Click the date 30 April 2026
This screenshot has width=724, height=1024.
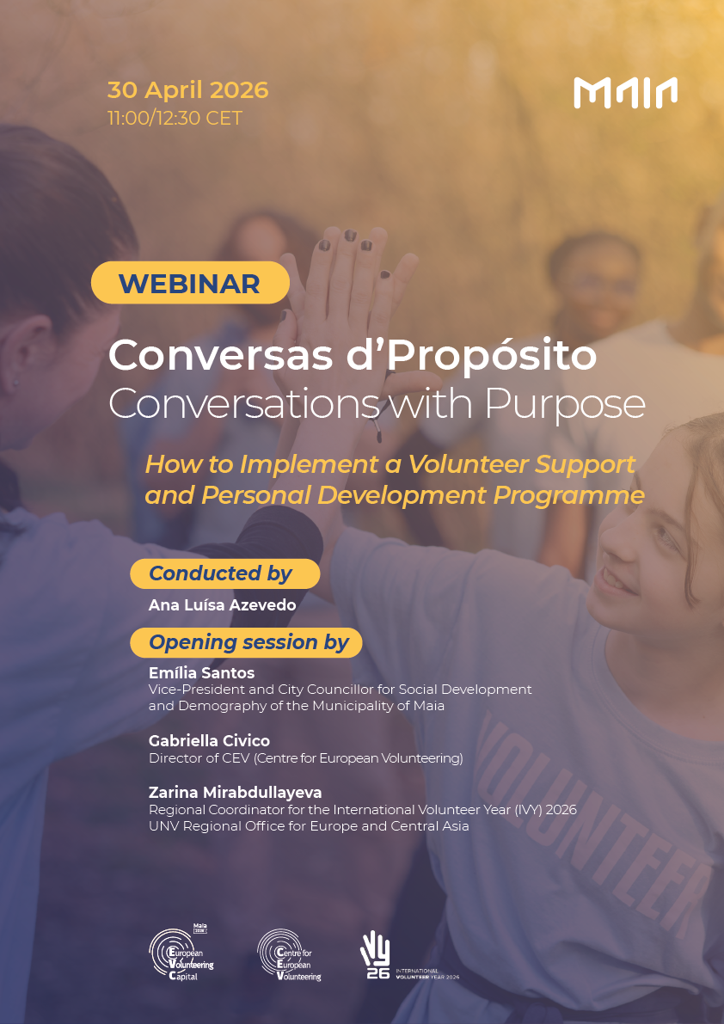pyautogui.click(x=187, y=90)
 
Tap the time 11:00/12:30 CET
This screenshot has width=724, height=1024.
pyautogui.click(x=175, y=118)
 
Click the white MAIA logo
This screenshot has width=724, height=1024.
pyautogui.click(x=625, y=92)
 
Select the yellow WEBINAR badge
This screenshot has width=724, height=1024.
pyautogui.click(x=190, y=283)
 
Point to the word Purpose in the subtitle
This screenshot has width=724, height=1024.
pyautogui.click(x=565, y=403)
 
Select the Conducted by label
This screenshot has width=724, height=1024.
pyautogui.click(x=222, y=573)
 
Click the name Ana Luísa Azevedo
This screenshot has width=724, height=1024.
pyautogui.click(x=222, y=605)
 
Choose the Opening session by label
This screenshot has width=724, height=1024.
pyautogui.click(x=248, y=642)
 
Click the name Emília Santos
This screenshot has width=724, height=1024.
pyautogui.click(x=201, y=673)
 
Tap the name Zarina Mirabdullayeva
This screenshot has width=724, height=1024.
pyautogui.click(x=235, y=793)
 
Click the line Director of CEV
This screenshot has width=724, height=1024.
pyautogui.click(x=305, y=758)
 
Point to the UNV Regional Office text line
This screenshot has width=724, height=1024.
pyautogui.click(x=309, y=827)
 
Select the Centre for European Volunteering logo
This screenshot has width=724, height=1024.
pyautogui.click(x=289, y=956)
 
